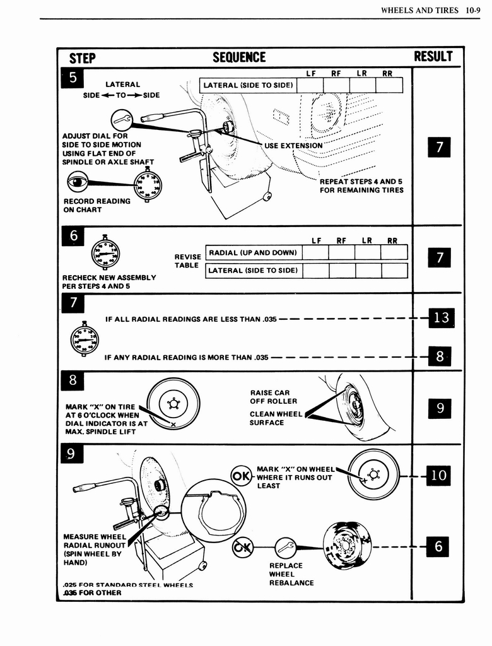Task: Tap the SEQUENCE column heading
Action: (x=239, y=57)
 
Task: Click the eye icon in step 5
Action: (x=78, y=182)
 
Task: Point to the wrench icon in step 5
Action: (x=121, y=119)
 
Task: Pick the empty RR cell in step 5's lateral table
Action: (x=389, y=85)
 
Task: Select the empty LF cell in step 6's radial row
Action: (x=315, y=252)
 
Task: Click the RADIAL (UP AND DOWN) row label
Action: (x=252, y=252)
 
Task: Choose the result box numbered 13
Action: (x=441, y=317)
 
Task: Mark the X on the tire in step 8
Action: (x=173, y=424)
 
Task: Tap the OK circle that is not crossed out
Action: (x=242, y=476)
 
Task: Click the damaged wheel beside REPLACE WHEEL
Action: (x=346, y=545)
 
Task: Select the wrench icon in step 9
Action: (x=286, y=546)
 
